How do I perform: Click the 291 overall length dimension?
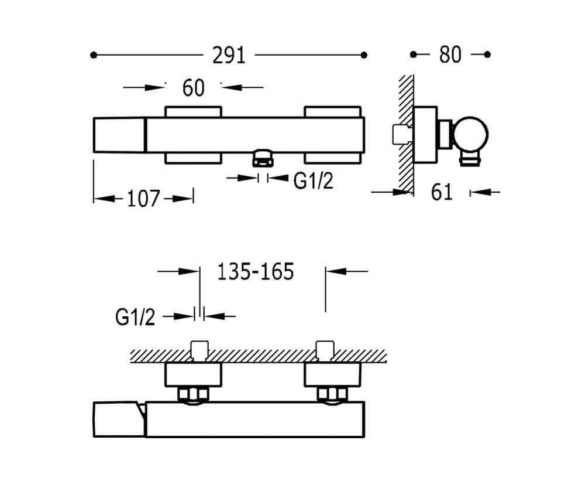click(229, 55)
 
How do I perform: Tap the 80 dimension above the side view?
click(450, 54)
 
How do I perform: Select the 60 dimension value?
click(194, 88)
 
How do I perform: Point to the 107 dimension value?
click(144, 199)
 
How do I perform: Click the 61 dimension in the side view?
click(442, 192)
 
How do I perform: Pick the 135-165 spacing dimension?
click(256, 271)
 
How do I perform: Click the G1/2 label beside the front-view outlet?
click(313, 181)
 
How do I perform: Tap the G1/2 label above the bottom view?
click(135, 318)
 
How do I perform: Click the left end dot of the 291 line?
click(94, 55)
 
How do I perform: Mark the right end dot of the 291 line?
click(364, 55)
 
